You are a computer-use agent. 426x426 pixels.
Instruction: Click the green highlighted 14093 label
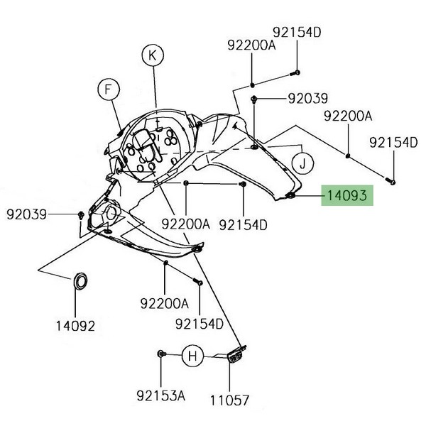[346, 195]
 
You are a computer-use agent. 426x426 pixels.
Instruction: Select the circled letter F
[109, 89]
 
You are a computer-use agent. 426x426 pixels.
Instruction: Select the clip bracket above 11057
[236, 354]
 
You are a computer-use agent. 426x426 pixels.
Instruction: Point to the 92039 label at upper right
[307, 98]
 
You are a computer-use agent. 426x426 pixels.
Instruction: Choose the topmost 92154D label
[297, 33]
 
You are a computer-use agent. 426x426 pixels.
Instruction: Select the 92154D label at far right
[393, 143]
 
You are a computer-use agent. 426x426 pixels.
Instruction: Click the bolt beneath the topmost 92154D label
[295, 72]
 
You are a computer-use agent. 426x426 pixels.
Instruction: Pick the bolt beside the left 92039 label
[82, 214]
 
